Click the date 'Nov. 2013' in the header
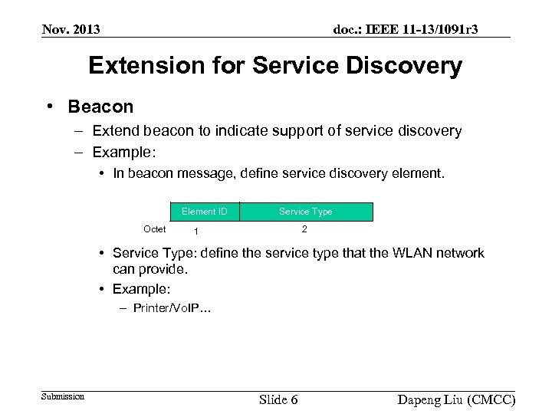(x=71, y=30)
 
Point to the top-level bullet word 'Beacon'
(x=100, y=107)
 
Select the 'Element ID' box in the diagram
(x=204, y=212)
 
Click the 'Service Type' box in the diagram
(x=305, y=212)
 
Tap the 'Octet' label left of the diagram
(x=155, y=229)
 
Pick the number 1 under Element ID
(x=197, y=232)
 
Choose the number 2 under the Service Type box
(x=304, y=229)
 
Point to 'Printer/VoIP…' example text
(x=172, y=308)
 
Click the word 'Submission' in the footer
(x=63, y=396)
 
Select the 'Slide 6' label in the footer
(x=278, y=399)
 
